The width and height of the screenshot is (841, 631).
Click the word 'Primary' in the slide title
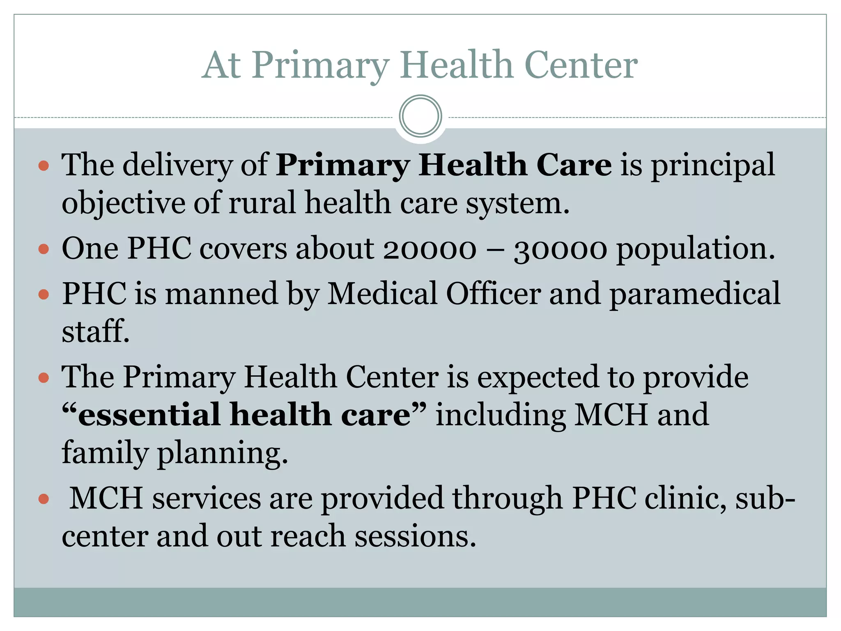(320, 66)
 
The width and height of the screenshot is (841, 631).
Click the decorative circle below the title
(420, 116)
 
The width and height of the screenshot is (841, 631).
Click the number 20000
(430, 249)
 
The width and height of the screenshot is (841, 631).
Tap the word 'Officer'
(494, 294)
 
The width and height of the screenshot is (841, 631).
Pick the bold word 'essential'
(149, 415)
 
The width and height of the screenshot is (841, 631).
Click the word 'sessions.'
(415, 537)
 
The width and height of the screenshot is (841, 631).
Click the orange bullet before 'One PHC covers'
(44, 249)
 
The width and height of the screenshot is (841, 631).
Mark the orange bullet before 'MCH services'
(44, 499)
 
